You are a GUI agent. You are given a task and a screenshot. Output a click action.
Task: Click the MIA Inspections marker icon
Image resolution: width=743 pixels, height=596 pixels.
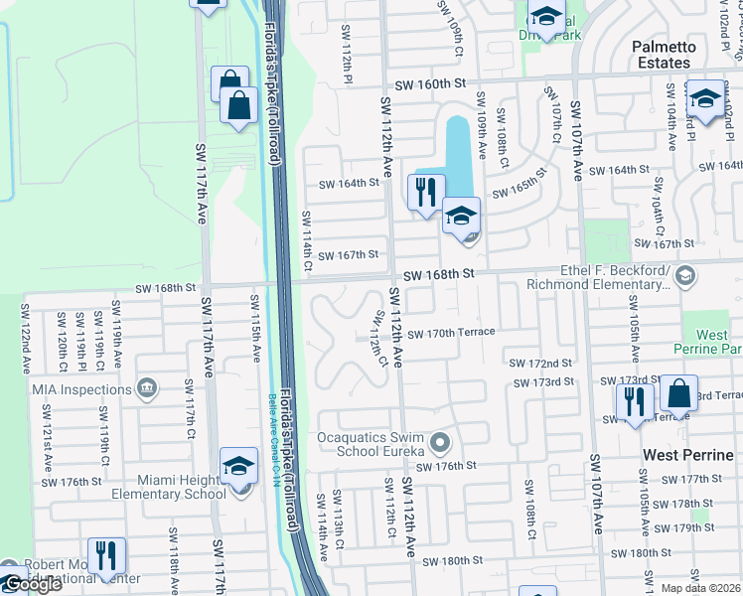pyautogui.click(x=147, y=387)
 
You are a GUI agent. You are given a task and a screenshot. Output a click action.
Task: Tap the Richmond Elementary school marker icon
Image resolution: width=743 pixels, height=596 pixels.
pyautogui.click(x=683, y=274)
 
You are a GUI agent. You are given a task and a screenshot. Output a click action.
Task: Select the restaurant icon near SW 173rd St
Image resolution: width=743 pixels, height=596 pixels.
pyautogui.click(x=633, y=401)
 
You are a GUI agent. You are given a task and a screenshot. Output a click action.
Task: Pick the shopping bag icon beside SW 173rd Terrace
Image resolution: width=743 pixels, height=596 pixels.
pyautogui.click(x=679, y=395)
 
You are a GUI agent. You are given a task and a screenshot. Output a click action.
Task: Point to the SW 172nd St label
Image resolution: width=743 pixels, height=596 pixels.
pyautogui.click(x=540, y=365)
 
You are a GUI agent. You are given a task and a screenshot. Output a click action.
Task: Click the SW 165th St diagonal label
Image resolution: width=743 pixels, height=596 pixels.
pyautogui.click(x=520, y=183)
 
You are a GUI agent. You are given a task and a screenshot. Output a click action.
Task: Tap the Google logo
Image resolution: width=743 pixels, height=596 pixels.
pyautogui.click(x=33, y=584)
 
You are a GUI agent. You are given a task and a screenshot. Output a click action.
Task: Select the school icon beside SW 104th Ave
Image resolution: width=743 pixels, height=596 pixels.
pyautogui.click(x=705, y=99)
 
